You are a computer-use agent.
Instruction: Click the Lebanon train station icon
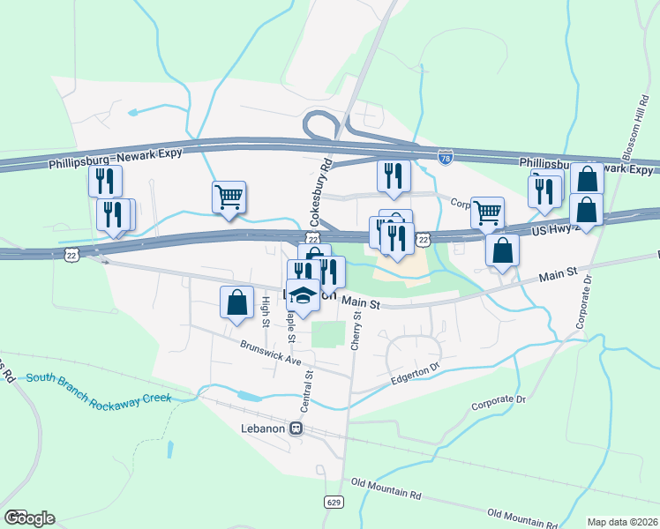[x=296, y=428]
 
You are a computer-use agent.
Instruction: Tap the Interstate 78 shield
[x=446, y=158]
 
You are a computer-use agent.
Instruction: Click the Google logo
[x=28, y=518]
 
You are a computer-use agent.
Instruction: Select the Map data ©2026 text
[x=621, y=521]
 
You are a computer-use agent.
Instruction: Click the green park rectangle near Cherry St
[x=329, y=335]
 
